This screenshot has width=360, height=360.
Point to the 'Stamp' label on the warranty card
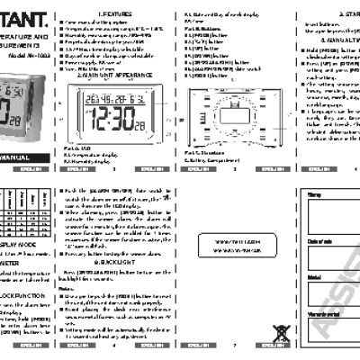(313, 194)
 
